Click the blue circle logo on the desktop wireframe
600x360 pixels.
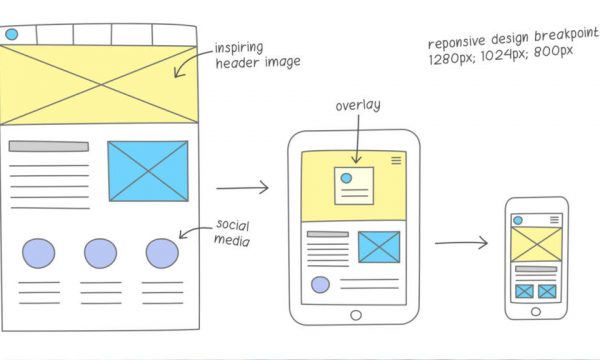(x=11, y=34)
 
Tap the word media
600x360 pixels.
(x=231, y=240)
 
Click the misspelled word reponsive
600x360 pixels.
(x=456, y=44)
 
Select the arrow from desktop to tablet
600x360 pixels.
(x=242, y=187)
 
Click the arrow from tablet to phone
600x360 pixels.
(x=461, y=242)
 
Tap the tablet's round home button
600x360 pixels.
(x=355, y=315)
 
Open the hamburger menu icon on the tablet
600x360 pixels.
(x=396, y=159)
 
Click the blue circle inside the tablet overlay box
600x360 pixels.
(x=346, y=178)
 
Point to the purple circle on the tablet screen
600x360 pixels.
(x=320, y=284)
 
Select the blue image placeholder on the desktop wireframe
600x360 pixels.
(x=148, y=169)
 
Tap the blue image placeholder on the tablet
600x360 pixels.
(x=379, y=246)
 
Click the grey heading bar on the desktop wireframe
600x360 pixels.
(x=48, y=146)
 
